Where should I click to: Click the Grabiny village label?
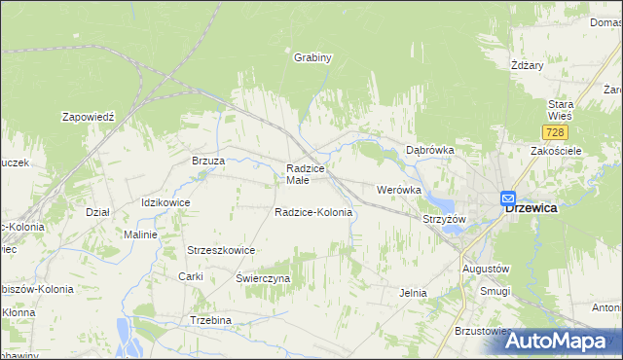313,57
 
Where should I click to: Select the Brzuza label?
208,161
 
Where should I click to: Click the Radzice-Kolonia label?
312,212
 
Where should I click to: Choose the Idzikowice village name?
165,202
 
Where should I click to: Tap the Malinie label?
140,234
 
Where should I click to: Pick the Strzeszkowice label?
221,250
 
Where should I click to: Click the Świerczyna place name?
263,278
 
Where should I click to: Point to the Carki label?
190,276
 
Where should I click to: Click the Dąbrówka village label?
429,151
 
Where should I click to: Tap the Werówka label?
398,189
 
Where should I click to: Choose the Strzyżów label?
445,219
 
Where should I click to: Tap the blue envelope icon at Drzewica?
508,198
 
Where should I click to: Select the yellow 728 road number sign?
555,131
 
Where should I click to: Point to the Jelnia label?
414,292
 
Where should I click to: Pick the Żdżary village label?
527,65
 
